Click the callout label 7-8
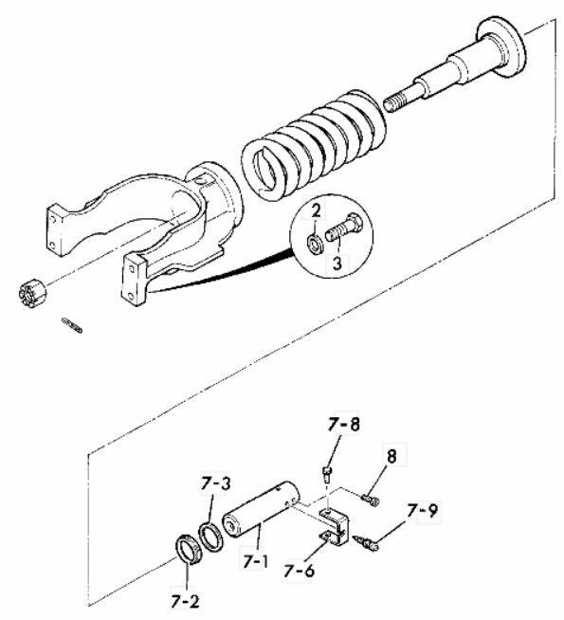pos(343,425)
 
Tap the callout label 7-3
pos(215,484)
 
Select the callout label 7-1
pos(255,561)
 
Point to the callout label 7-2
pos(186,601)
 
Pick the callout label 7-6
pos(299,571)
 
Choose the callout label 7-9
pos(422,511)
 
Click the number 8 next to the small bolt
pos(391,456)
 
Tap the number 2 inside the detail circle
pos(316,211)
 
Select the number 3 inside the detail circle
pos(337,263)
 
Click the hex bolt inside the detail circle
pos(342,228)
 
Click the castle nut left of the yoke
pos(33,293)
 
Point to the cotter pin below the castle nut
pos(72,324)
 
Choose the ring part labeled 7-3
pos(212,538)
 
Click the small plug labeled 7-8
pos(326,473)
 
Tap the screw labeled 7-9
pos(366,542)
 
